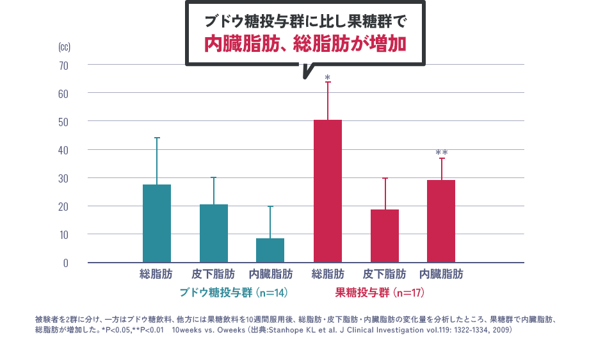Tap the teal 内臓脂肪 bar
[x=270, y=250]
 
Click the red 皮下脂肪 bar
[x=384, y=236]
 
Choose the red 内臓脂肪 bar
[x=441, y=221]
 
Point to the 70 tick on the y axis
[x=63, y=65]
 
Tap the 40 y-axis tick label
[x=63, y=150]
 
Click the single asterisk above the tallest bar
[x=327, y=77]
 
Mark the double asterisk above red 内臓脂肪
[x=441, y=153]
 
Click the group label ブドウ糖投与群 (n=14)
[x=232, y=293]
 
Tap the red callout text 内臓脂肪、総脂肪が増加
[x=305, y=44]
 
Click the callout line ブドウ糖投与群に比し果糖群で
[x=305, y=20]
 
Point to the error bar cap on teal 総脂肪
[x=157, y=138]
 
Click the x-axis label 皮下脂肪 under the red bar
[x=384, y=274]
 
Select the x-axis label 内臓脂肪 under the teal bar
[x=270, y=274]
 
